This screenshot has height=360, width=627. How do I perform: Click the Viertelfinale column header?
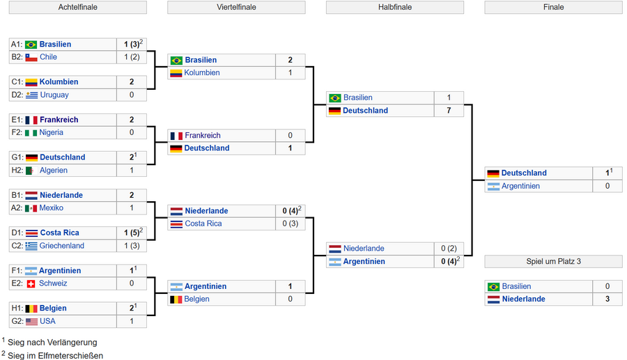pos(236,7)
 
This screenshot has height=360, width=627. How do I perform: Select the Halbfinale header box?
pos(395,7)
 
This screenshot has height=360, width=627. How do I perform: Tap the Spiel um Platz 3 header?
pos(553,261)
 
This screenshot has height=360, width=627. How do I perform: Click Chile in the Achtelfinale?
pos(48,56)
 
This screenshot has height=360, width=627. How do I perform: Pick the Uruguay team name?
pos(54,95)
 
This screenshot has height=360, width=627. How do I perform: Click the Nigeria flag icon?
pos(31,133)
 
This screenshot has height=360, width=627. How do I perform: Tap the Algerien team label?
pos(54,170)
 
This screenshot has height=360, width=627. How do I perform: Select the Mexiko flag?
pos(31,208)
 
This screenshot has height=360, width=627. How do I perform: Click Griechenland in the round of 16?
pos(61,246)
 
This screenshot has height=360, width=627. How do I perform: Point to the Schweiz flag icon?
pos(31,283)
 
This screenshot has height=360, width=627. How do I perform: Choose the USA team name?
pos(47,321)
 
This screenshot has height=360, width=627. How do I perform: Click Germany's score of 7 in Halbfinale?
pos(449,110)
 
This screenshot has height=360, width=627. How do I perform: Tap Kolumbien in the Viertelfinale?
pos(202,72)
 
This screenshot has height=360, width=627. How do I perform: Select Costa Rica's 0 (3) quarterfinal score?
pos(291,224)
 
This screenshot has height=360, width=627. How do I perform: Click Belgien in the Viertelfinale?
pos(196,299)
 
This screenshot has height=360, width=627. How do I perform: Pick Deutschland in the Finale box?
pos(524,173)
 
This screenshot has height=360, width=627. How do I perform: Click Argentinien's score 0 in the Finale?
pos(607,186)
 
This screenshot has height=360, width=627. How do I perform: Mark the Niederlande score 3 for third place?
pos(607,299)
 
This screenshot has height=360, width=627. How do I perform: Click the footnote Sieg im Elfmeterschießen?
pos(55,356)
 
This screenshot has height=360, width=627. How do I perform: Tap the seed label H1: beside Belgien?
pos(17,308)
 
